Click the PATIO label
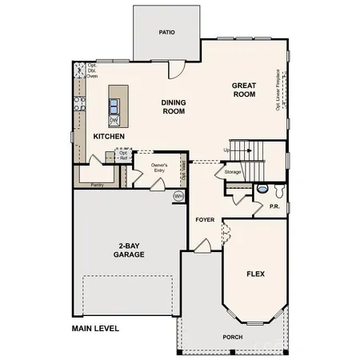click(x=166, y=33)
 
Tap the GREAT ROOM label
click(x=244, y=90)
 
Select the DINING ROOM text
click(x=173, y=106)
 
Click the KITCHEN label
click(x=109, y=137)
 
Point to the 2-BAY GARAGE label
click(x=128, y=249)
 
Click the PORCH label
click(x=233, y=337)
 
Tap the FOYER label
click(x=204, y=218)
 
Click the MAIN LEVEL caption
click(x=95, y=328)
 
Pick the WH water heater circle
click(x=178, y=196)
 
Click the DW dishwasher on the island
click(x=114, y=119)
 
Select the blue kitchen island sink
click(x=114, y=105)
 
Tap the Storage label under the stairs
click(x=233, y=172)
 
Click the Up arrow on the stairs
click(x=227, y=150)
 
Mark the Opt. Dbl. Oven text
click(x=92, y=70)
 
